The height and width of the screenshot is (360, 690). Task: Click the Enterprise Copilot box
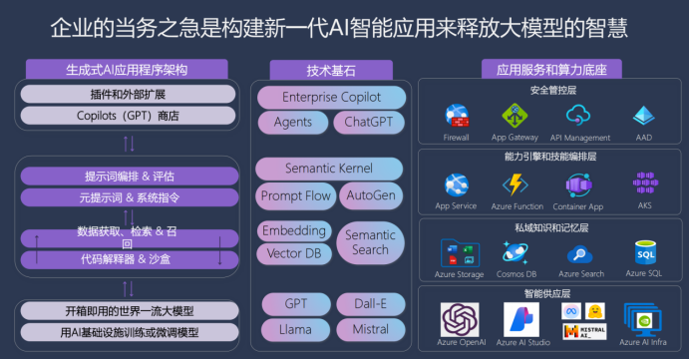(x=331, y=98)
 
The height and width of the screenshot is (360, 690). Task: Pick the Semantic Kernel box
(x=331, y=169)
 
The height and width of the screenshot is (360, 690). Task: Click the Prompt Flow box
(x=295, y=195)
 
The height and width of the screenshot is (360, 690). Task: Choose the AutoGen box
(x=372, y=195)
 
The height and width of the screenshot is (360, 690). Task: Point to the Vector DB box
(x=293, y=254)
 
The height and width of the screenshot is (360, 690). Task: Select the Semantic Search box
(x=370, y=242)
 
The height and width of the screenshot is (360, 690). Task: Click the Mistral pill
(x=370, y=329)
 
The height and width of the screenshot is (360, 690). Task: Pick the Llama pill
(x=294, y=329)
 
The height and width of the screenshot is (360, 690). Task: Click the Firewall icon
(x=458, y=115)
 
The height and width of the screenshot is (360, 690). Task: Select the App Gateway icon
(x=515, y=115)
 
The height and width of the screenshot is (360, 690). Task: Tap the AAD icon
(x=643, y=115)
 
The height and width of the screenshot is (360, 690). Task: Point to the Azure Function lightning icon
(x=515, y=184)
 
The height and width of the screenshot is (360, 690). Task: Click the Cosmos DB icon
(x=518, y=254)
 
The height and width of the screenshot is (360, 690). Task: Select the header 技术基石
(x=331, y=70)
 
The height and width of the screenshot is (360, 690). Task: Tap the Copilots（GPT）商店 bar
(x=127, y=116)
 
